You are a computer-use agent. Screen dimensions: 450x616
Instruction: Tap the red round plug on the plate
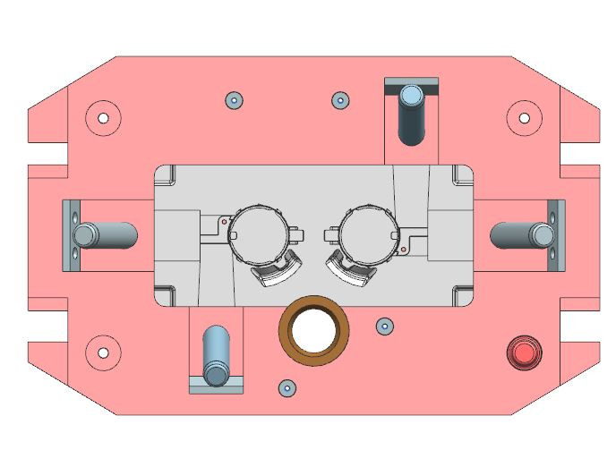pyautogui.click(x=523, y=352)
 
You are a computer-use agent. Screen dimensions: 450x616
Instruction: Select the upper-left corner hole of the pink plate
pyautogui.click(x=103, y=117)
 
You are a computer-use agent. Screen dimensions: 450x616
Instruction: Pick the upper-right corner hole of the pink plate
pyautogui.click(x=525, y=116)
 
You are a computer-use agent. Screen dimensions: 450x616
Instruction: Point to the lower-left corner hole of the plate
pyautogui.click(x=103, y=352)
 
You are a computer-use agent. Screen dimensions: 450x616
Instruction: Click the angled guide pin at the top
pyautogui.click(x=413, y=115)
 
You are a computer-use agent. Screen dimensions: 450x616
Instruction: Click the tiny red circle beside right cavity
pyautogui.click(x=404, y=249)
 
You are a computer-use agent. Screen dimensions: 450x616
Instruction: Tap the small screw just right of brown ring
pyautogui.click(x=385, y=325)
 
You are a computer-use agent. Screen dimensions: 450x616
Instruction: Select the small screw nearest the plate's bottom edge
pyautogui.click(x=287, y=387)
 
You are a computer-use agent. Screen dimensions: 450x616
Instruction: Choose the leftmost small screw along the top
pyautogui.click(x=233, y=99)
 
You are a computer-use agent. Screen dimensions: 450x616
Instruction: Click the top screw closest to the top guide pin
pyautogui.click(x=340, y=99)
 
